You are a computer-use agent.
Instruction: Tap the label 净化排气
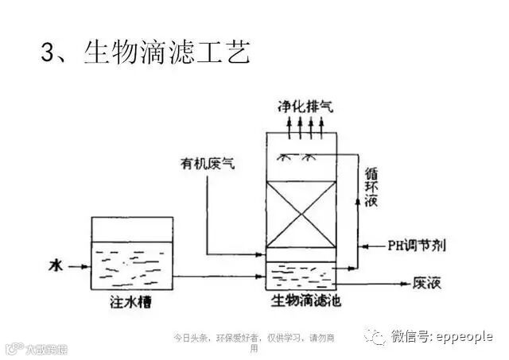301,105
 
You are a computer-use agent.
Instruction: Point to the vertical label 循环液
371,186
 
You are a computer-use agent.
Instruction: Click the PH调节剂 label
414,245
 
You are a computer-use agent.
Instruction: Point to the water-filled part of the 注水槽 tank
132,267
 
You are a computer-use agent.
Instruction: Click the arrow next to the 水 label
76,265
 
